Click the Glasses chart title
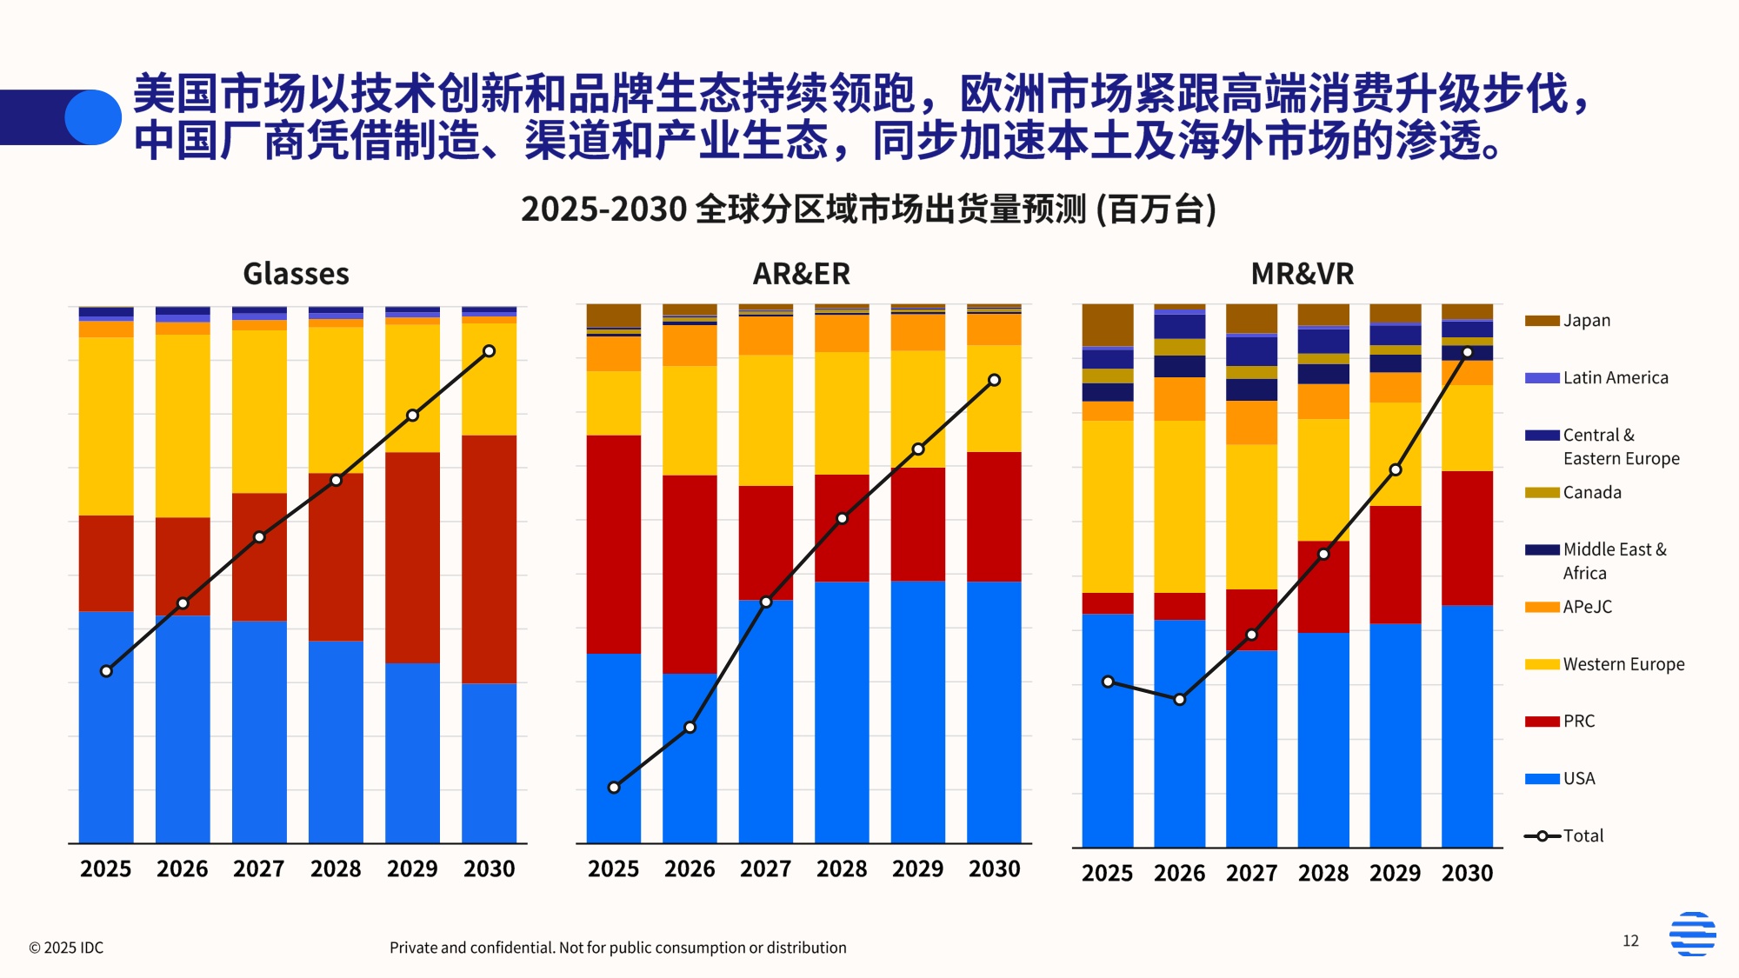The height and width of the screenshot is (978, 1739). pos(296,274)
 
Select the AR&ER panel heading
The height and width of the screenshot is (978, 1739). pos(801,274)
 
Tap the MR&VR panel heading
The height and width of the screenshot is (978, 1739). pos(1302,274)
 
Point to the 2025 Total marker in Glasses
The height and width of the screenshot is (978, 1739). pos(106,671)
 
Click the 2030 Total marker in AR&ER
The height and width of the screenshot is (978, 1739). pos(994,380)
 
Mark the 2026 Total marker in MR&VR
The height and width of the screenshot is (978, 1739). pos(1179,699)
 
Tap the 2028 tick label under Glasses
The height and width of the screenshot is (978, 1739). pos(336,868)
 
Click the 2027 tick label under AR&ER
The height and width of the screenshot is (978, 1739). pos(765,868)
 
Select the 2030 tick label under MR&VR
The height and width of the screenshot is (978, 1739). pos(1467,873)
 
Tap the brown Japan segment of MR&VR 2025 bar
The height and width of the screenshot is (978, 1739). pos(1107,324)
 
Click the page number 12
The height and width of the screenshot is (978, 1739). pos(1630,941)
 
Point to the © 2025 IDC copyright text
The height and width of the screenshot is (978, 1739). pos(66,948)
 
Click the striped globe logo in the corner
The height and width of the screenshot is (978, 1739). pos(1692,934)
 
